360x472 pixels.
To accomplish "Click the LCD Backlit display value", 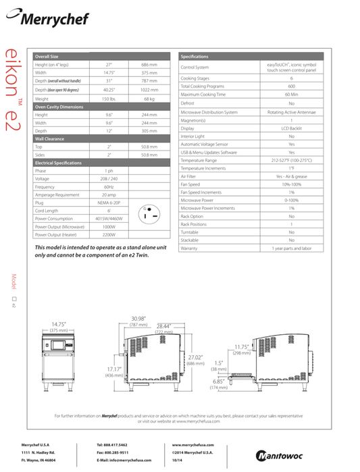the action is [291, 128].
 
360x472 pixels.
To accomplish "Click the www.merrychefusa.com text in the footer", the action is [194, 445].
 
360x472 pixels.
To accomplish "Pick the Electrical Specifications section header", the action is [61, 163].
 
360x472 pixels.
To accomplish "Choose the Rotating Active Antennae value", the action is [291, 111].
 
